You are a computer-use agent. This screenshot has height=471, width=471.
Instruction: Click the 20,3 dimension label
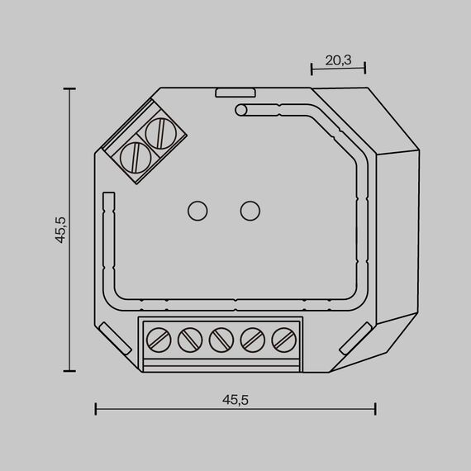[337, 59]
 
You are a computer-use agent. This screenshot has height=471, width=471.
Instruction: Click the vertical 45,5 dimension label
[60, 230]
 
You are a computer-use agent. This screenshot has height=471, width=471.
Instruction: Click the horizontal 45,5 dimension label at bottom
[235, 398]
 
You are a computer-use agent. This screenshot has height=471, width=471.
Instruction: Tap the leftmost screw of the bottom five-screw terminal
[158, 338]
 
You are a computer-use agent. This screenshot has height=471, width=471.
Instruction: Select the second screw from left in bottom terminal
[189, 338]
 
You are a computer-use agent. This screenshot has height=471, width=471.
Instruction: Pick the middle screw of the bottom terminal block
[221, 338]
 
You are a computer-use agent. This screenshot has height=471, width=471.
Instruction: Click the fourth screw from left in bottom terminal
[252, 338]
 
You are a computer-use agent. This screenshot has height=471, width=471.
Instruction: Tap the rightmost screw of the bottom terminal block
[283, 338]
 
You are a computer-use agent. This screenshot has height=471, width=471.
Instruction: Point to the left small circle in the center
[197, 211]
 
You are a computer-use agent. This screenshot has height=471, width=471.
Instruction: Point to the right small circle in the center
[248, 211]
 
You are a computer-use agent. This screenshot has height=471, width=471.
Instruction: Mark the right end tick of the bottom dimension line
[376, 408]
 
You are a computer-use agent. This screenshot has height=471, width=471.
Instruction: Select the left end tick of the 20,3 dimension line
[311, 69]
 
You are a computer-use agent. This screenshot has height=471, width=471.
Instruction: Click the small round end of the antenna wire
[240, 110]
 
